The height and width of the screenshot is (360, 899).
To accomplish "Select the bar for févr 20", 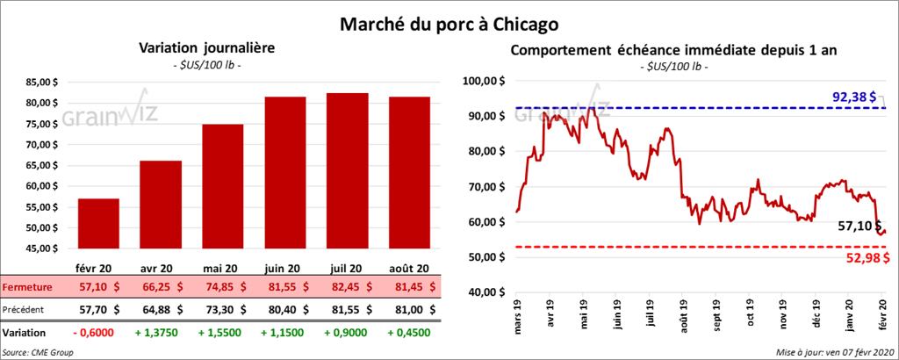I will click(x=98, y=224).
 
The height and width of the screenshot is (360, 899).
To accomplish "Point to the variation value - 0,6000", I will click(x=97, y=334).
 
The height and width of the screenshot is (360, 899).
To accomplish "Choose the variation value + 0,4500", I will click(x=409, y=334).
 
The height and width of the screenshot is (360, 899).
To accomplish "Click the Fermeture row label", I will click(x=28, y=287).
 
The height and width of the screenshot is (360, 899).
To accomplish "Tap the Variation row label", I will click(x=25, y=334).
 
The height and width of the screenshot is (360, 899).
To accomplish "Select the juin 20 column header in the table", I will click(x=284, y=269).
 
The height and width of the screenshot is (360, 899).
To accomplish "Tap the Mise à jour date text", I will click(x=834, y=352).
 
